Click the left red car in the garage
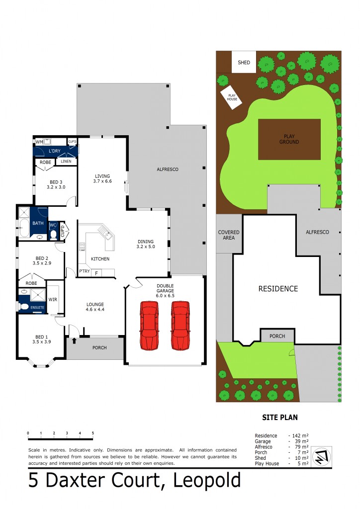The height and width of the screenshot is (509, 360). pos(149,325)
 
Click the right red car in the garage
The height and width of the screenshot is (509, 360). pos(180,325)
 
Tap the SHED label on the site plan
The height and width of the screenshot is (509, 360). pos(244,63)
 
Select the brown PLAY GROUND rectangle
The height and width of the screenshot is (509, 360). pos(289,139)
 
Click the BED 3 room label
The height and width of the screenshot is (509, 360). pos(56,184)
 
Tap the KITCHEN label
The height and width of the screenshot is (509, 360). pos(100,259)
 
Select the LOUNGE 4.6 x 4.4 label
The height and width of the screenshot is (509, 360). pos(94,307)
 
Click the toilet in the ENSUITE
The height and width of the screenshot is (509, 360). pos(23,307)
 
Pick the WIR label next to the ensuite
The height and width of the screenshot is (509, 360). pos(52,299)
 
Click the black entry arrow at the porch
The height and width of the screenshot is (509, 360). pos(74,340)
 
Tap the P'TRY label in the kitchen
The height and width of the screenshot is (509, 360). pos(84,271)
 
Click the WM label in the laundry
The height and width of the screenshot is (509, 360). pos(39,143)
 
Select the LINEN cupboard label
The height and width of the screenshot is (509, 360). pos(65,162)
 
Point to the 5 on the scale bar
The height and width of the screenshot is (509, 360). pos(93,433)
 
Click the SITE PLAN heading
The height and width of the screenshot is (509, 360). pos(279,418)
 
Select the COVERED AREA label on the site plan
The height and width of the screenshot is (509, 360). pos(229,235)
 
